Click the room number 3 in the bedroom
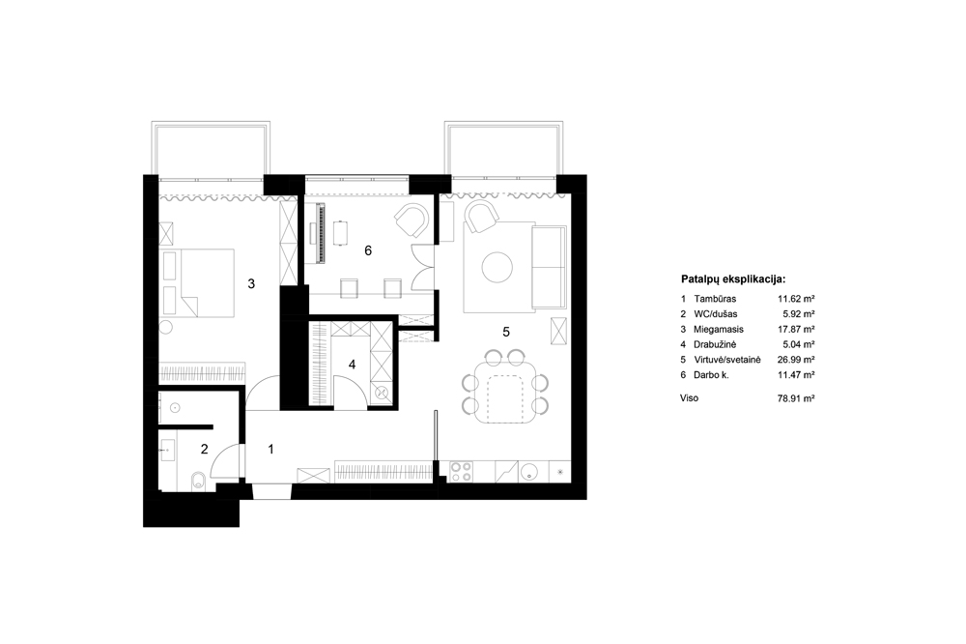(x=251, y=283)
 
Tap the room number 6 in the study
(x=368, y=250)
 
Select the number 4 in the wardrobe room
(x=352, y=365)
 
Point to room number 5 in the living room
(x=506, y=332)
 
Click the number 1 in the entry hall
(x=271, y=449)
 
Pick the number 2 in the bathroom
(x=205, y=449)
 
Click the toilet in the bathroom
(x=197, y=481)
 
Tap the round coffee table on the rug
(x=497, y=268)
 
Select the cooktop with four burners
(x=462, y=471)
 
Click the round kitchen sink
(x=529, y=472)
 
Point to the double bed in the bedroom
(x=197, y=283)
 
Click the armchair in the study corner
(x=412, y=220)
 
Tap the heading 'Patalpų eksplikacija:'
(x=733, y=278)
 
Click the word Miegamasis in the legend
(x=719, y=330)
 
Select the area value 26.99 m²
(x=796, y=360)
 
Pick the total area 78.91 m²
(x=796, y=398)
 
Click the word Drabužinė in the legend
(x=715, y=345)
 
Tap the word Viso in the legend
(x=690, y=397)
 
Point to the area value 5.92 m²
(x=799, y=314)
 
